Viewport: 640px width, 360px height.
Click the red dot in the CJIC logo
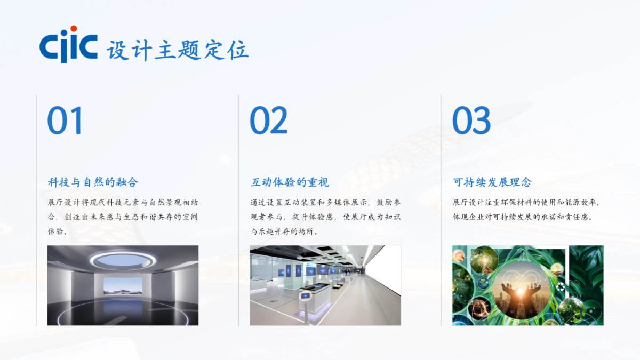coord(74,29)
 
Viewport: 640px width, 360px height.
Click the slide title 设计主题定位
coord(178,51)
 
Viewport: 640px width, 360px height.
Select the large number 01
coord(65,121)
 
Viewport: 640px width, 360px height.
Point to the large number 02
coord(268,121)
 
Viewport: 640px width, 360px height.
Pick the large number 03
coord(471,121)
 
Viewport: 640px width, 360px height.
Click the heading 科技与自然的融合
coord(93,182)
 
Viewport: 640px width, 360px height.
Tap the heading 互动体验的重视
coord(290,182)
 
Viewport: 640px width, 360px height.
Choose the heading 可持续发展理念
coord(492,182)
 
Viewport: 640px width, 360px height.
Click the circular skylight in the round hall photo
coord(122,260)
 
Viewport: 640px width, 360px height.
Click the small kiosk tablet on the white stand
coord(306,295)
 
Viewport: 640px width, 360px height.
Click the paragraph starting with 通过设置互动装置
coord(325,217)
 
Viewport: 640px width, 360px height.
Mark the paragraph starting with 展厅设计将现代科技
coord(123,217)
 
